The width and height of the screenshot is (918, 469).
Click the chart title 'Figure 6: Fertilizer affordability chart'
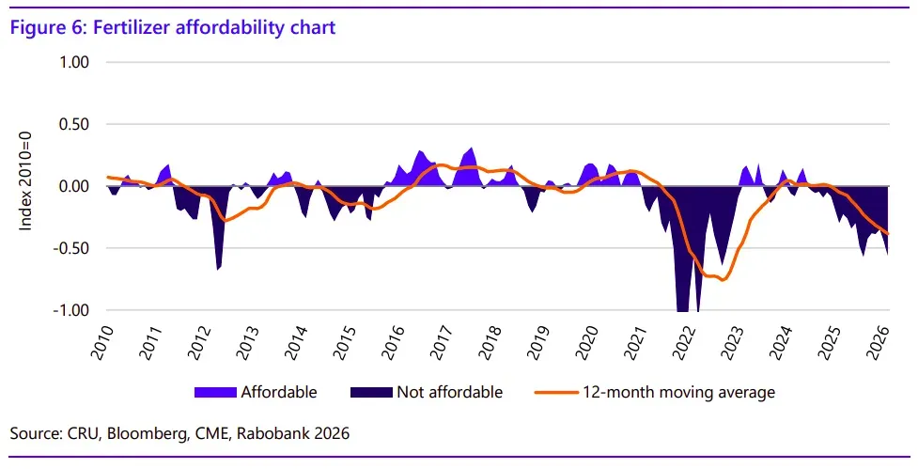pos(172,27)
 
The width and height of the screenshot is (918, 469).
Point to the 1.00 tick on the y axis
pos(73,63)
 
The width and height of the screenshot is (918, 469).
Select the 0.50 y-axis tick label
pos(73,125)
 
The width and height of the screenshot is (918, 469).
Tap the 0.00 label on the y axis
pos(73,187)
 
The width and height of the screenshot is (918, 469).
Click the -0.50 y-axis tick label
pos(70,249)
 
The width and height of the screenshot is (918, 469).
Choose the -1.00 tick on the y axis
pos(70,311)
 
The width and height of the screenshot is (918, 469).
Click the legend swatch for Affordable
pos(214,392)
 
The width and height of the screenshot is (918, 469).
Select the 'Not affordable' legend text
pos(450,392)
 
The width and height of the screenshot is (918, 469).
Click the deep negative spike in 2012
pos(218,269)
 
